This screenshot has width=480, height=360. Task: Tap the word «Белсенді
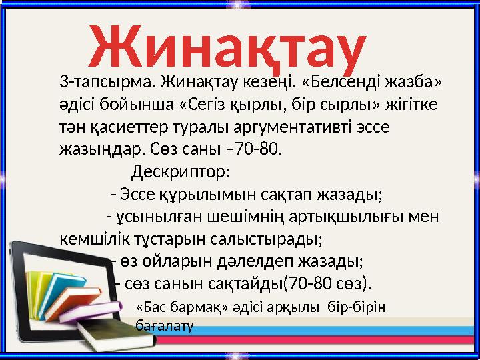[x=343, y=83]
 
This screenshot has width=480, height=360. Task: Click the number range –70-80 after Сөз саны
[x=256, y=147]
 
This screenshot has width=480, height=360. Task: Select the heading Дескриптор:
[x=180, y=172]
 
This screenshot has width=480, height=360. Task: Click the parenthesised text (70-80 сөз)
[x=327, y=283]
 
